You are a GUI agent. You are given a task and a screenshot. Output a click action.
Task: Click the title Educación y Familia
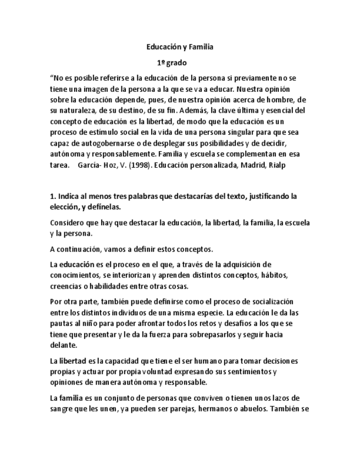[179, 47]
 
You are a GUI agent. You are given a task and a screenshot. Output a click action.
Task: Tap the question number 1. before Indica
[53, 196]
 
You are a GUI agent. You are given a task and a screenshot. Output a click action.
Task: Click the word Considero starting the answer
[68, 223]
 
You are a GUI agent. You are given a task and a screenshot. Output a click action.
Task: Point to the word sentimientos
[247, 371]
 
